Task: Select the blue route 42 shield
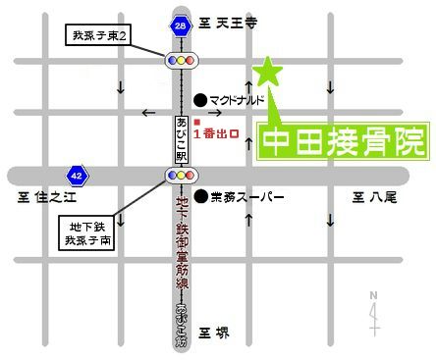[x=75, y=177]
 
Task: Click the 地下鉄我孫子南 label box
[x=87, y=231]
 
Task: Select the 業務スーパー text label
[x=246, y=198]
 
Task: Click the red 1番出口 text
[x=216, y=132]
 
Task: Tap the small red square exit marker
[x=196, y=120]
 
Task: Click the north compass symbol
[x=374, y=311]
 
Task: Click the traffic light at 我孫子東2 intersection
[x=180, y=61]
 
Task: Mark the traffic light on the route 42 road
[x=180, y=177]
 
